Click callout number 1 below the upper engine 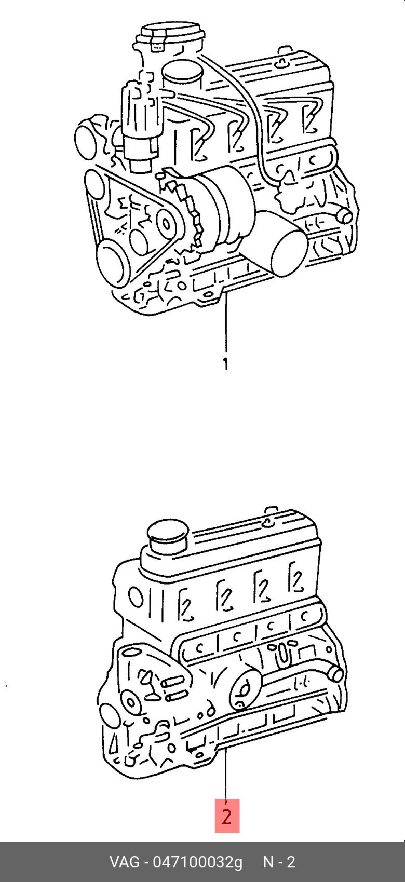point(225,364)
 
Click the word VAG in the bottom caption point(124,862)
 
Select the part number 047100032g point(198,862)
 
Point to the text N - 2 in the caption point(279,862)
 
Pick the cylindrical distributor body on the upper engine point(141,124)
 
